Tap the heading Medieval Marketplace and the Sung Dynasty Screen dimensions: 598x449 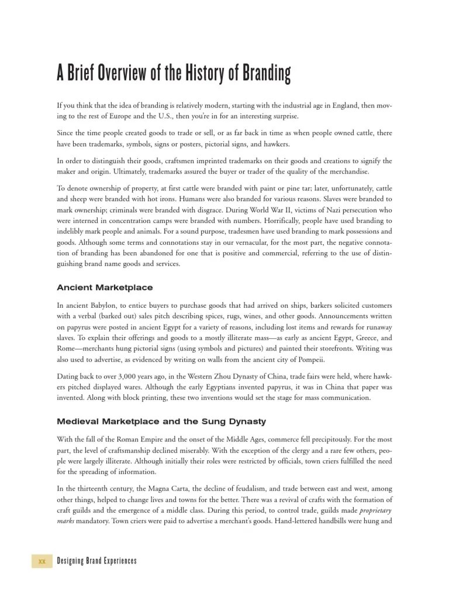tap(161, 421)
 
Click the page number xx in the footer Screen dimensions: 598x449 tap(42, 561)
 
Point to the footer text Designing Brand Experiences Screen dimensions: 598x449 tap(96, 561)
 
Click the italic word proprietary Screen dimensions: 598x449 tap(375, 510)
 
